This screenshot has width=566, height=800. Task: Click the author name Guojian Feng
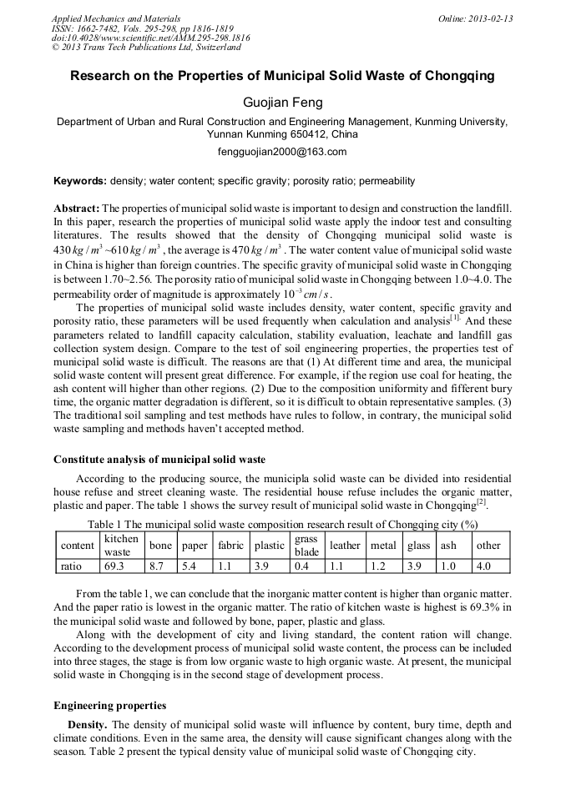point(282,103)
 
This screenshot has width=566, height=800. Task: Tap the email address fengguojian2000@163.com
point(282,152)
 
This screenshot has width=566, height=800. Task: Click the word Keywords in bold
point(79,181)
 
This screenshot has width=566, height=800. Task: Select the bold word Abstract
point(76,207)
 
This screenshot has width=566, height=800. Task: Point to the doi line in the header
point(150,38)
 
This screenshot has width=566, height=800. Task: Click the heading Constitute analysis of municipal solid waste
point(159,460)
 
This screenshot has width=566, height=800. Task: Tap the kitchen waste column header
point(122,546)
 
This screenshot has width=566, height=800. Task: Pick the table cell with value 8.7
point(156,566)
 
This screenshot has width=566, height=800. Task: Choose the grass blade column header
point(307,546)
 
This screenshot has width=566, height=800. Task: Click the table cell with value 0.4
point(302,566)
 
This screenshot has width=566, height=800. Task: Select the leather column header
point(345,546)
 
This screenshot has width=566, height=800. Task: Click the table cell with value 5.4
point(191,566)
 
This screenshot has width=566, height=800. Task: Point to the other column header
point(488,546)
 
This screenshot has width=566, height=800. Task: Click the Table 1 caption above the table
point(282,525)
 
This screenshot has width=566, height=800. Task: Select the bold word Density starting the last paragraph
point(87,725)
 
